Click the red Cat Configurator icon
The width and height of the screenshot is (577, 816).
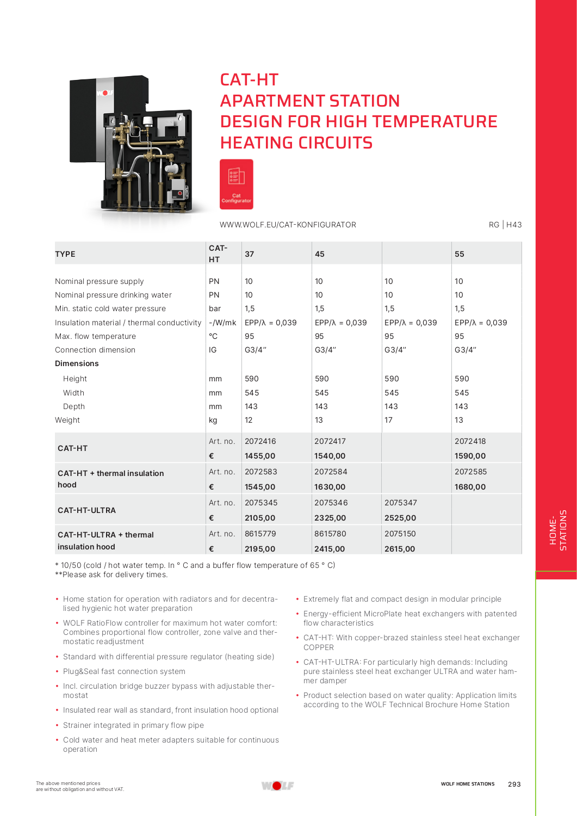[x=236, y=184]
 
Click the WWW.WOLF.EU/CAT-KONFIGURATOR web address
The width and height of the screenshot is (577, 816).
[x=288, y=225]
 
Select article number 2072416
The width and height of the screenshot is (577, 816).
[x=260, y=441]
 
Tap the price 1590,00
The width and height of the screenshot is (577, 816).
[x=470, y=456]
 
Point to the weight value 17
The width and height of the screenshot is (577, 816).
[x=388, y=420]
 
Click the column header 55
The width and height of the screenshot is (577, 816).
[x=460, y=254]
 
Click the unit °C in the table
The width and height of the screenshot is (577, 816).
[x=213, y=336]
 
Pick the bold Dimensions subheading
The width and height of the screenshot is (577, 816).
[x=77, y=363]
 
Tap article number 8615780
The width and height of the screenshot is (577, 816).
[x=330, y=534]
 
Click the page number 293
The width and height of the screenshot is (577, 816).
[x=514, y=784]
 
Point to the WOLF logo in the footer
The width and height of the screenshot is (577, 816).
[x=277, y=786]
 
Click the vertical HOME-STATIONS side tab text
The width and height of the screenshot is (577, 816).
[x=558, y=530]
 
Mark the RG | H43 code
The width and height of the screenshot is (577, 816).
[x=505, y=225]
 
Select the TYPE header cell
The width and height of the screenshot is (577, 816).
[x=65, y=254]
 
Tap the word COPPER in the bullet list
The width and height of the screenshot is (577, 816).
[x=319, y=647]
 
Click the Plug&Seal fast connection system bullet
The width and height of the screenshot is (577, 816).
[x=124, y=671]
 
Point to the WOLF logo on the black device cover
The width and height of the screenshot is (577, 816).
[x=105, y=93]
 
